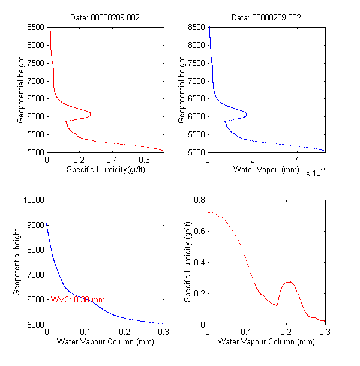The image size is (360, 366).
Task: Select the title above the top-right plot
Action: pyautogui.click(x=266, y=17)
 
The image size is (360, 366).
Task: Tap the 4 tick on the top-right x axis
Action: pyautogui.click(x=297, y=160)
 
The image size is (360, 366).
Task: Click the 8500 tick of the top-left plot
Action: pyautogui.click(x=35, y=27)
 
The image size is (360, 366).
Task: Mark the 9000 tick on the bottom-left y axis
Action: pyautogui.click(x=35, y=225)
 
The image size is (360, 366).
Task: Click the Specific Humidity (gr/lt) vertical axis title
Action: pyautogui.click(x=187, y=262)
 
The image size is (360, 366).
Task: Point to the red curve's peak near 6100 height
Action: pyautogui.click(x=90, y=113)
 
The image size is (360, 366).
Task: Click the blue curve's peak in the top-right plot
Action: pyautogui.click(x=245, y=113)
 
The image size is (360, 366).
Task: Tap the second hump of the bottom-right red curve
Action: pyautogui.click(x=288, y=281)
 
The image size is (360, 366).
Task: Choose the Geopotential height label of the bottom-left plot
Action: pyautogui.click(x=17, y=262)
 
